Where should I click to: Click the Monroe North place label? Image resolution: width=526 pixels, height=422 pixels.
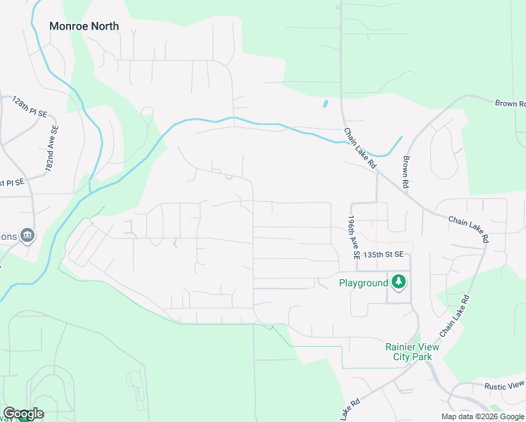84,26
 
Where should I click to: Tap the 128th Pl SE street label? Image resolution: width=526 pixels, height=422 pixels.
30,107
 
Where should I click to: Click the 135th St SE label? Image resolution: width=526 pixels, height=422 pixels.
383,254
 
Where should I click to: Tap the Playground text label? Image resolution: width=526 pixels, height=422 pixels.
364,283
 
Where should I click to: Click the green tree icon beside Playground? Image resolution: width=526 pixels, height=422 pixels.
399,282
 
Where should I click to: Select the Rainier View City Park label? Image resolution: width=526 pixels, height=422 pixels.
412,352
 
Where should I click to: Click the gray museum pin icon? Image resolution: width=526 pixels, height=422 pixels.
27,235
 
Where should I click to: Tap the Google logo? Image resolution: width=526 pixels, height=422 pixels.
23,414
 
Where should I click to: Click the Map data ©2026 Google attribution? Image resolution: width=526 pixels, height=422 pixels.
482,416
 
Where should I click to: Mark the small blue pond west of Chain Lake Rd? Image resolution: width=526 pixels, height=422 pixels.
325,104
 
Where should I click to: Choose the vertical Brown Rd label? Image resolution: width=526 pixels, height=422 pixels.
405,172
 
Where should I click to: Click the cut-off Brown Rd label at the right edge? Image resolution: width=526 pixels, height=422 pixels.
511,104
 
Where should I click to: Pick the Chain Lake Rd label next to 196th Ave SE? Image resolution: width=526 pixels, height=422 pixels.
360,148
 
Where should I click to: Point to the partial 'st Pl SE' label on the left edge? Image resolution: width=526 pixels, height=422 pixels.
12,182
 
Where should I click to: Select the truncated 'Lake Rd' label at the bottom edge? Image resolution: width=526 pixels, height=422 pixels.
349,410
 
